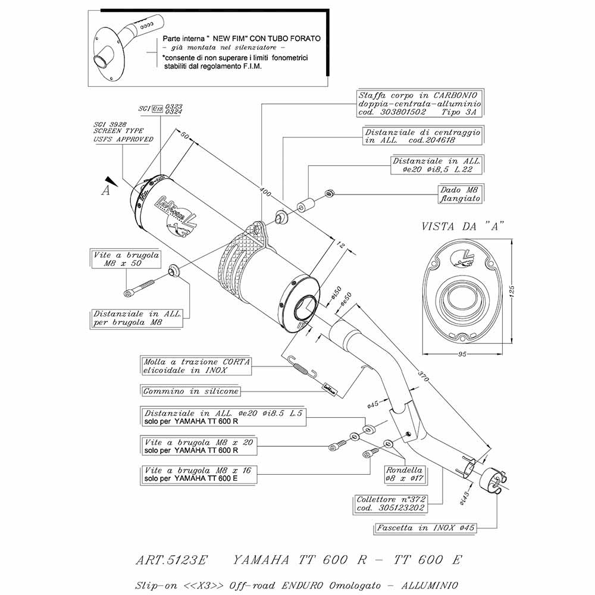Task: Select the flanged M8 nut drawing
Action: tap(329, 193)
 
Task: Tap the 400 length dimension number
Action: tap(260, 191)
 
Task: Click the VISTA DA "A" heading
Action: tap(463, 226)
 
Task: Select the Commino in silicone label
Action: tap(191, 391)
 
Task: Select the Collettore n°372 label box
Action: tap(390, 504)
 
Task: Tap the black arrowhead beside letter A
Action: tap(108, 180)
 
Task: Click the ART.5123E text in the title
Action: tap(173, 560)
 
